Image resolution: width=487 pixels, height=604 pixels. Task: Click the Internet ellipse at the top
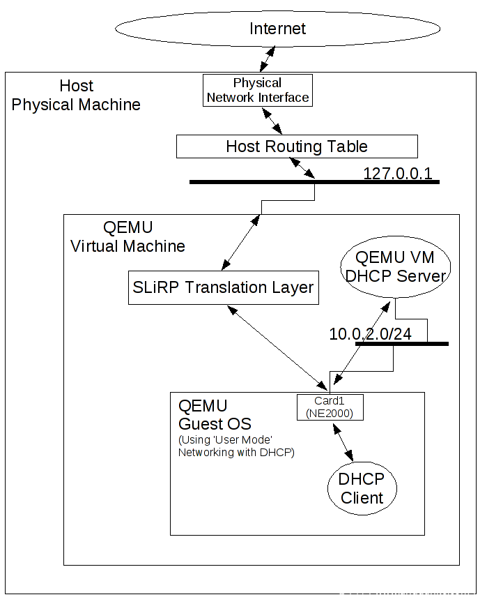pyautogui.click(x=278, y=29)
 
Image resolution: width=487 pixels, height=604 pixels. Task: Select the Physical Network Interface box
pyautogui.click(x=258, y=90)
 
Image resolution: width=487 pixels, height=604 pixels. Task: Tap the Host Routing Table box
pyautogui.click(x=297, y=146)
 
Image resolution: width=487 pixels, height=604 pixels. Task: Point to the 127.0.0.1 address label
pyautogui.click(x=398, y=173)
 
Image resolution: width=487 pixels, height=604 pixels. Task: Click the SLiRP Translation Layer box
pyautogui.click(x=224, y=287)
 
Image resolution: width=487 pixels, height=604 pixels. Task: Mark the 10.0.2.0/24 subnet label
pyautogui.click(x=370, y=334)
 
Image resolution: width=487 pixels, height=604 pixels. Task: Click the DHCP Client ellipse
pyautogui.click(x=361, y=488)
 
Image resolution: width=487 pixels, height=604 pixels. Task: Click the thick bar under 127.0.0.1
pyautogui.click(x=314, y=182)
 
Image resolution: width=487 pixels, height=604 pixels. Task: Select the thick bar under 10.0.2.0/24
pyautogui.click(x=401, y=344)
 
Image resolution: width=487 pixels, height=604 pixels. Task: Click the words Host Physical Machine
pyautogui.click(x=76, y=96)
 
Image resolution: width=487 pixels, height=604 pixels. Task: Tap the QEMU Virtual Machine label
pyautogui.click(x=127, y=237)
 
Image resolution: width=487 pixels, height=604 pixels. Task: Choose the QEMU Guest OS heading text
pyautogui.click(x=215, y=415)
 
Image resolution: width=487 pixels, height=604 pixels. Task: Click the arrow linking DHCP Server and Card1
pyautogui.click(x=360, y=344)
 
